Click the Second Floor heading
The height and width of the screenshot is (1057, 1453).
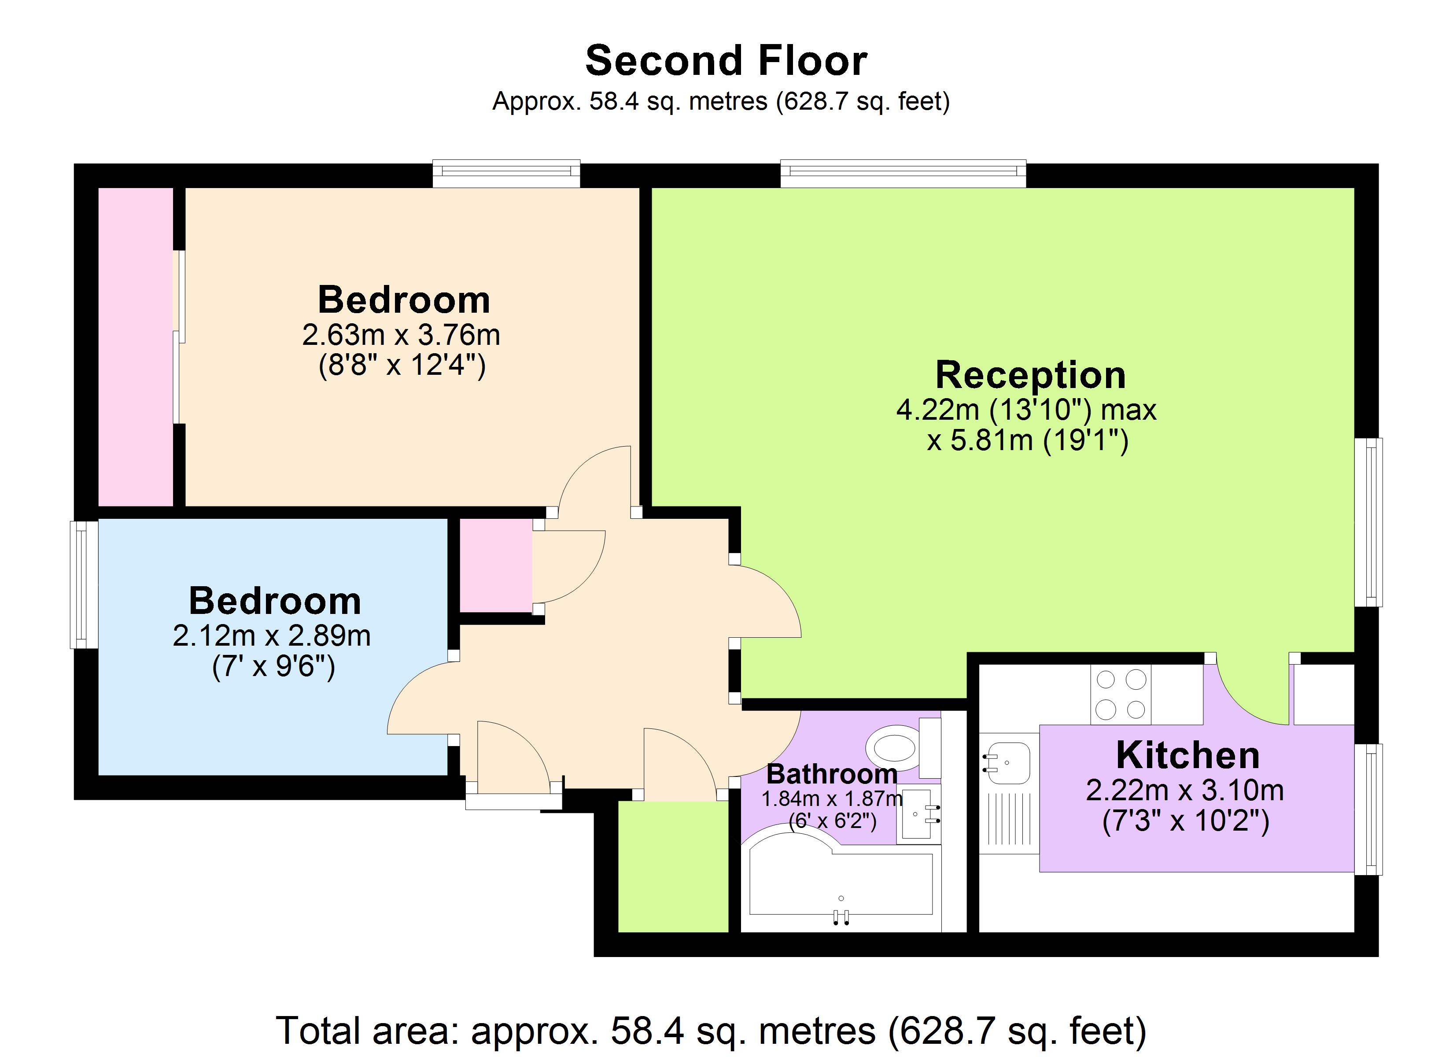click(x=726, y=61)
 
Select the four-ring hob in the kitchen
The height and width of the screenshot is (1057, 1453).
click(x=1121, y=694)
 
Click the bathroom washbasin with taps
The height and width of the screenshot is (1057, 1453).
click(x=918, y=814)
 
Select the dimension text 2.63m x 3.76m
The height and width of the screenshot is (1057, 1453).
click(x=401, y=335)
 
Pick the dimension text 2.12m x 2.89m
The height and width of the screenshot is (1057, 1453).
click(x=272, y=636)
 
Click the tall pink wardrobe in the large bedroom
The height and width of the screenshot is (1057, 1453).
click(x=135, y=346)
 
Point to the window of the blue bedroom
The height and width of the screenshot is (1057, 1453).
click(x=83, y=584)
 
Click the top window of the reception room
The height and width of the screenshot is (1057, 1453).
click(x=903, y=173)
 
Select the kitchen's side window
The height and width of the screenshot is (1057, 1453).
click(x=1369, y=809)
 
